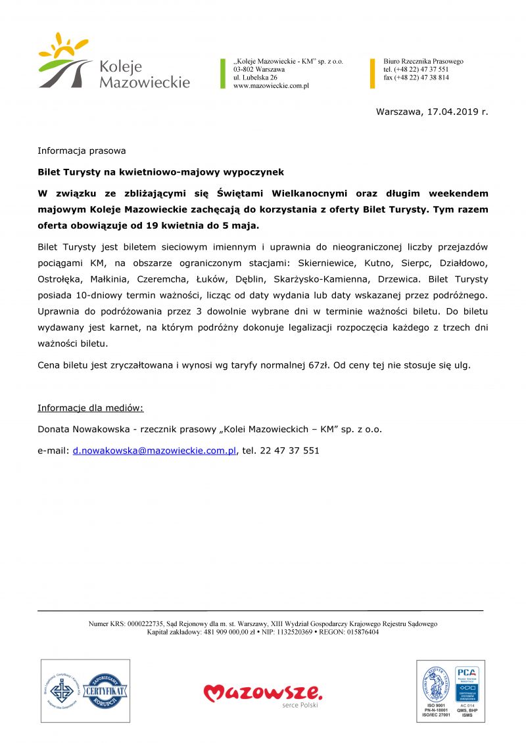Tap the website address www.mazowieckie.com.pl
pyautogui.click(x=271, y=85)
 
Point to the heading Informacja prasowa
pyautogui.click(x=82, y=150)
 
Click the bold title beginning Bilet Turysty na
pyautogui.click(x=160, y=172)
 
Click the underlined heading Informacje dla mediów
pyautogui.click(x=90, y=408)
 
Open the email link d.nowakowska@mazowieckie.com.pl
pyautogui.click(x=155, y=451)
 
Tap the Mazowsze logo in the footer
pyautogui.click(x=263, y=694)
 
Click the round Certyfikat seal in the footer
pyautogui.click(x=105, y=692)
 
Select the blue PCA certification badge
pyautogui.click(x=467, y=685)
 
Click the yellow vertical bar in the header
pyautogui.click(x=373, y=74)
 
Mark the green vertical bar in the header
pyautogui.click(x=223, y=74)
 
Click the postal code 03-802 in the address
pyautogui.click(x=246, y=70)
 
